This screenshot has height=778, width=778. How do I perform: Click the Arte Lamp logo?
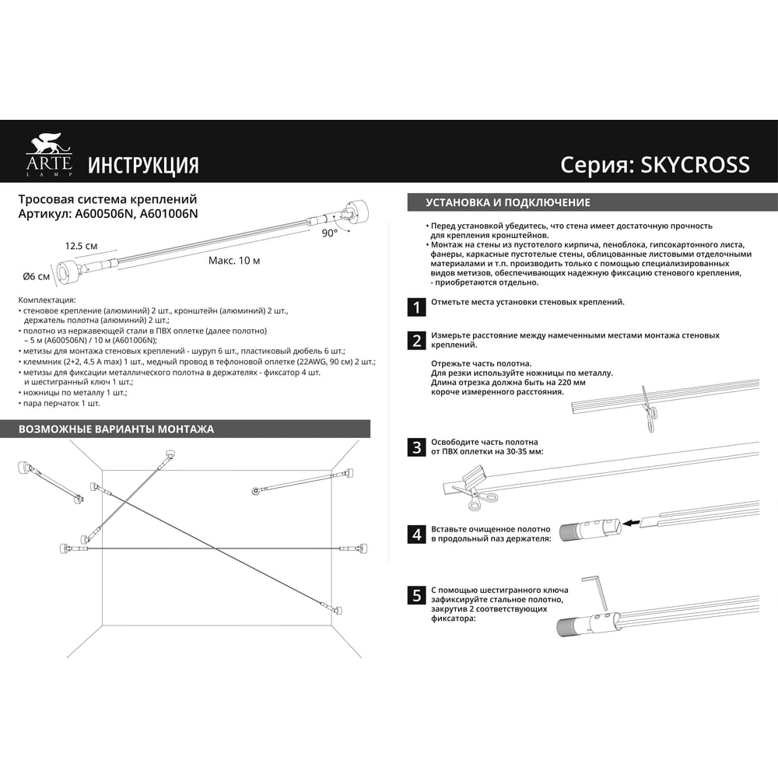coord(49,155)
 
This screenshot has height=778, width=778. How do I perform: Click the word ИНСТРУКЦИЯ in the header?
coord(143,165)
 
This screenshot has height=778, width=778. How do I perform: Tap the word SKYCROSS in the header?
coord(695,165)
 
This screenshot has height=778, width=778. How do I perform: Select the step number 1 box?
coord(417,307)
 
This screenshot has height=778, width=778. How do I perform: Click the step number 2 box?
coord(417,341)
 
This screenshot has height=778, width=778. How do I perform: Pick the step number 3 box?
coord(417,447)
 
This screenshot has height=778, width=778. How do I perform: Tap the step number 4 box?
coord(417,534)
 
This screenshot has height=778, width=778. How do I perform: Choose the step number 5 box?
coord(417,595)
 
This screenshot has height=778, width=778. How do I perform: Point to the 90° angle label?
coord(329,233)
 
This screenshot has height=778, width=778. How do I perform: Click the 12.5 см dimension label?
coord(82,246)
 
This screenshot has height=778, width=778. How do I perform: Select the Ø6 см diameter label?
coord(37,276)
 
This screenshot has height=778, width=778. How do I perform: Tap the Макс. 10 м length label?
coord(234,261)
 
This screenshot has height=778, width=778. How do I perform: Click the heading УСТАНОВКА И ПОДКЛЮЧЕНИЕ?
coord(508,202)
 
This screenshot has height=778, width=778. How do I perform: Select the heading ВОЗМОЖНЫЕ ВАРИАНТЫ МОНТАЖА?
coord(116,429)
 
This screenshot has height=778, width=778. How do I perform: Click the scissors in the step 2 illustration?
coord(648,410)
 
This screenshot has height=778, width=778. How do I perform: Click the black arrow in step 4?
coord(631,523)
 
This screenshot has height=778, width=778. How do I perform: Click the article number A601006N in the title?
coord(169,214)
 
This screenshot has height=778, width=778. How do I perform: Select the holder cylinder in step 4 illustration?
coord(591,529)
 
